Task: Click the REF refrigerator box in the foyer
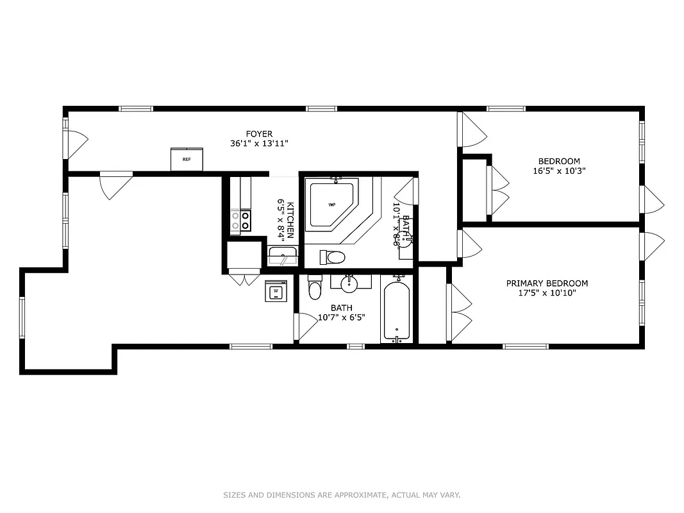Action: (x=187, y=159)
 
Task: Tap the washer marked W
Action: (x=276, y=291)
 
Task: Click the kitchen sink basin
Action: (x=282, y=256)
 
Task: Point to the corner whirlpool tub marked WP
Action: (x=332, y=205)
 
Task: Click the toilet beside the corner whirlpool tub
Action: (x=332, y=258)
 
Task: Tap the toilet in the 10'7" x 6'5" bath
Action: (x=314, y=289)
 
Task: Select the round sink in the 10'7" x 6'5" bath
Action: (x=350, y=282)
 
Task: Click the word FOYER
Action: (x=259, y=134)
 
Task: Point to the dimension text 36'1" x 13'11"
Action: (x=259, y=144)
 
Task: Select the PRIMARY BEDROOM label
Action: (x=547, y=283)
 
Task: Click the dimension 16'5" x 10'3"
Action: (x=559, y=171)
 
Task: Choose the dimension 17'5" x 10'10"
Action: (x=547, y=294)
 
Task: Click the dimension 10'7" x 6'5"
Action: (x=341, y=317)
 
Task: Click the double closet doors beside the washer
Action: (x=245, y=280)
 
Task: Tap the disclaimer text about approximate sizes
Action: (x=342, y=495)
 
